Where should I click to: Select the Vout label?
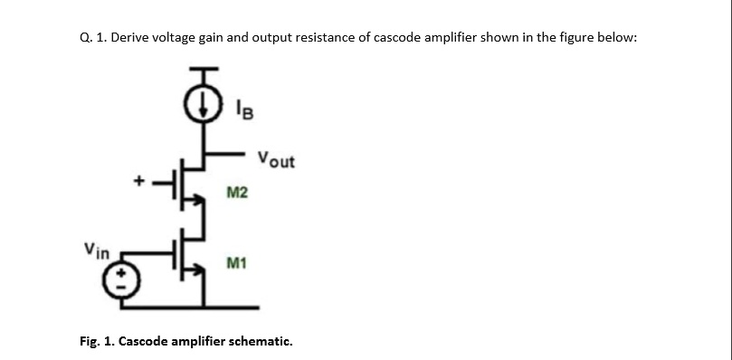275,161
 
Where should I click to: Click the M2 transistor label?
237,193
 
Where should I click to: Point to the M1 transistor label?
237,263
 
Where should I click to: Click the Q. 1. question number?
90,40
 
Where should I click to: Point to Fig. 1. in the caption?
97,342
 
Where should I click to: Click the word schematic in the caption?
262,342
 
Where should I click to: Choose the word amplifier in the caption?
201,342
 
